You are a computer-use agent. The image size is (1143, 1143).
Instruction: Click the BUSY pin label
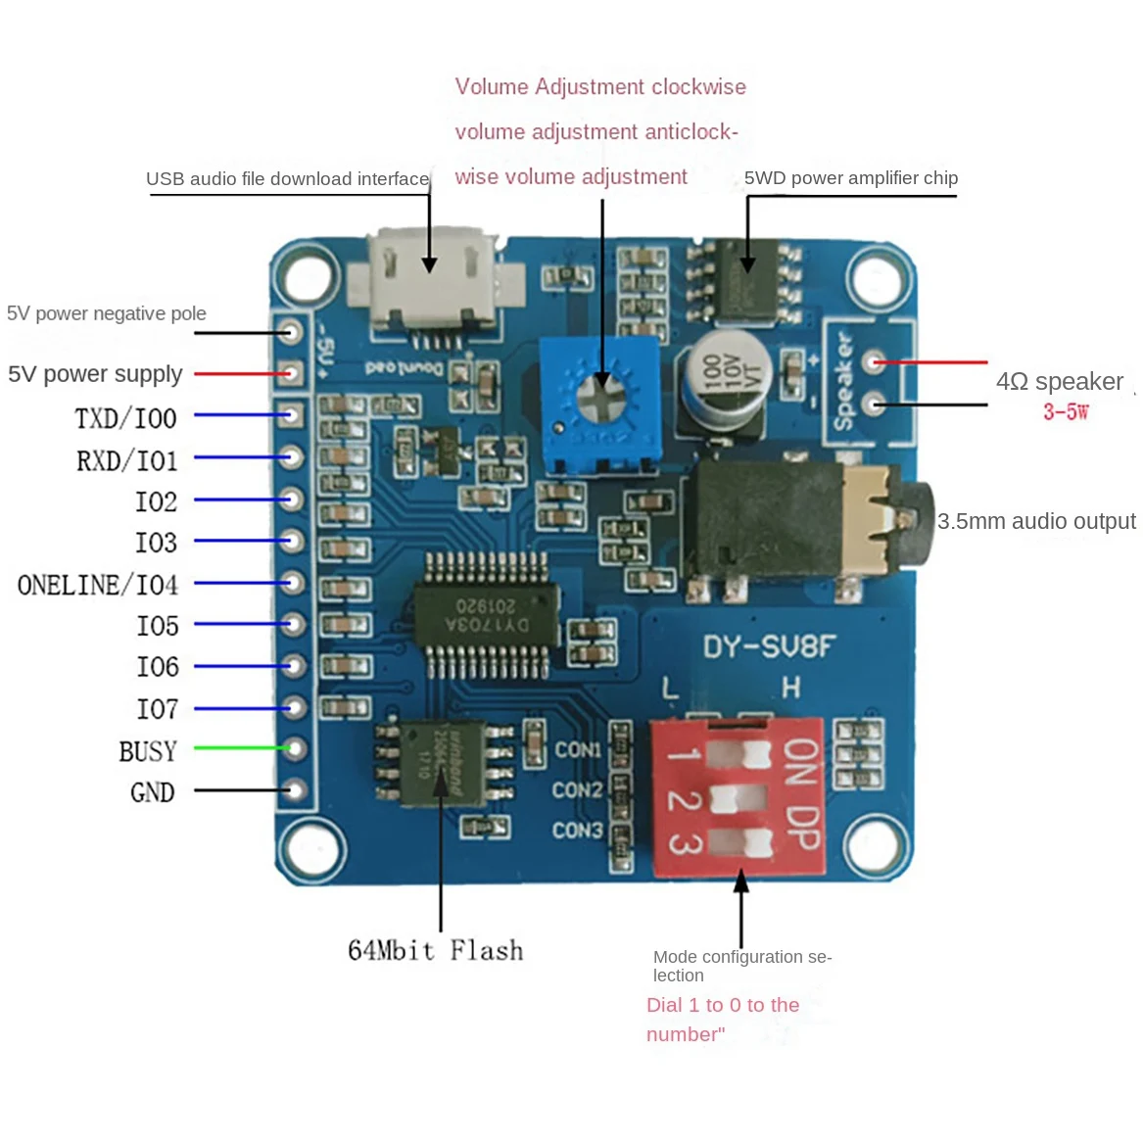(148, 751)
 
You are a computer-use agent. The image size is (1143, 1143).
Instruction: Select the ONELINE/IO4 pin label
(98, 585)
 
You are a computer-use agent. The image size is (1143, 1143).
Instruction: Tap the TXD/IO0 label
(125, 418)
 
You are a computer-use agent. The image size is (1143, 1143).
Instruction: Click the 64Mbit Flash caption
(435, 950)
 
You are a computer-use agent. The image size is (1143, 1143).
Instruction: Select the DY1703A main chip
(487, 615)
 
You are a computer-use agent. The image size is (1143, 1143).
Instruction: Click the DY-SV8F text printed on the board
(769, 646)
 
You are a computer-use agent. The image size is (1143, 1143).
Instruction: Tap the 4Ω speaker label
(1059, 381)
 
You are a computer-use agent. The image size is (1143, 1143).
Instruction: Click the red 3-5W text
(1065, 411)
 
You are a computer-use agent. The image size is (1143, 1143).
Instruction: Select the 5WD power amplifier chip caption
(850, 177)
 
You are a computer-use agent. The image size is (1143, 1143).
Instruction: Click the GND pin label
(153, 792)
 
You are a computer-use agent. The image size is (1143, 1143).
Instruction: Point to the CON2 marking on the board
(577, 789)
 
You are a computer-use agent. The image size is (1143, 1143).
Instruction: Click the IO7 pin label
(157, 708)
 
